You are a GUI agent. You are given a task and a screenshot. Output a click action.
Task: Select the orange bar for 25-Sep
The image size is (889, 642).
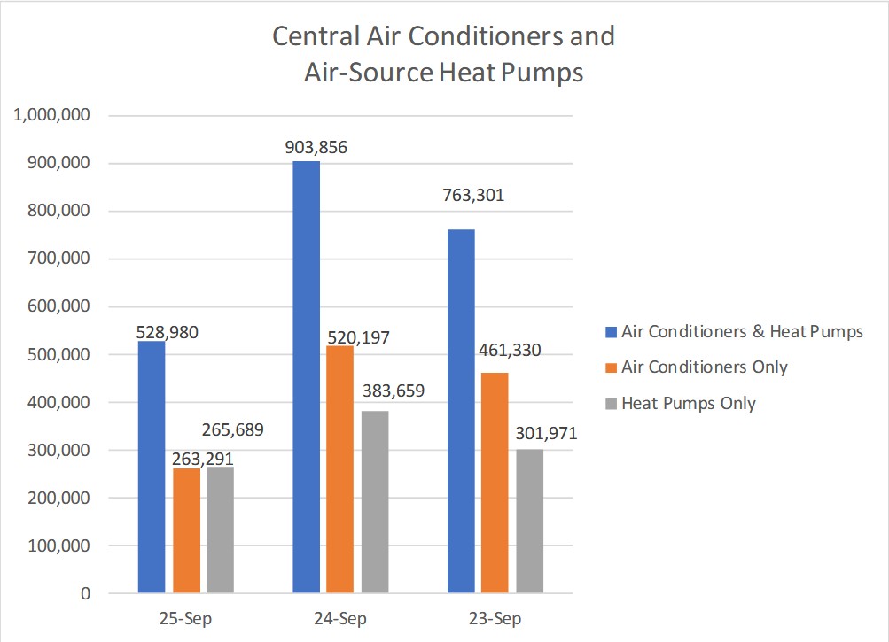[x=186, y=530]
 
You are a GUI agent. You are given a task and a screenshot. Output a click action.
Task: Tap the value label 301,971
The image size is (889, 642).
[x=540, y=434]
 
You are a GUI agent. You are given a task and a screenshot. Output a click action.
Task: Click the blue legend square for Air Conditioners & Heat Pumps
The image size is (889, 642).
[x=610, y=332]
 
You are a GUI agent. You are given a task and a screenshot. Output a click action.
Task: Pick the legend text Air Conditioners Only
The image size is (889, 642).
[x=704, y=367]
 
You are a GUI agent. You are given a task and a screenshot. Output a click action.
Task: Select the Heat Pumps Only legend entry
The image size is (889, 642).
[x=688, y=403]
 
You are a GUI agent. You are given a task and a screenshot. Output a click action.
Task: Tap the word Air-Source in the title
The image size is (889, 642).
[x=370, y=72]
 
